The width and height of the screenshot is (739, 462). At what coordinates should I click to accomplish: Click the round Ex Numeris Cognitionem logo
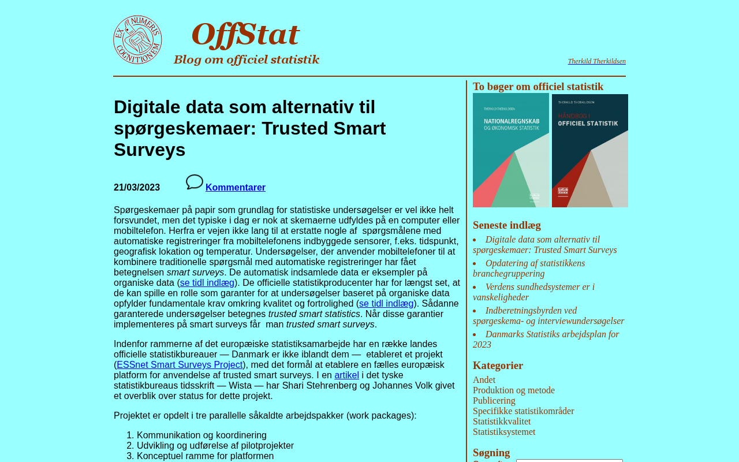(137, 40)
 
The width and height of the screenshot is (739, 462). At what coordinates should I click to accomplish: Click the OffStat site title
(245, 35)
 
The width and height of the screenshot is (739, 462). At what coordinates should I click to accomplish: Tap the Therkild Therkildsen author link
(596, 61)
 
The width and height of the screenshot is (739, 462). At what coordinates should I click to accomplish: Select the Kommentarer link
(236, 188)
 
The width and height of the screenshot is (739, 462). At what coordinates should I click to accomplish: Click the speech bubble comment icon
(195, 182)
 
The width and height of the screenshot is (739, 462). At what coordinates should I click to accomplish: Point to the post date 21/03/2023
(137, 188)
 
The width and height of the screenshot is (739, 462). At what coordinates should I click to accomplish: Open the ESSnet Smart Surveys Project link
(180, 365)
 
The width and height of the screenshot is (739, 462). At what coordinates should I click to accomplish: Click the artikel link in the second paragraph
(346, 375)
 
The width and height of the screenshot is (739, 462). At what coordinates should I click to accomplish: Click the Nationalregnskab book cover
(511, 151)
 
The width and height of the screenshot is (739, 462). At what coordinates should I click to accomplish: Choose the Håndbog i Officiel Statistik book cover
(590, 151)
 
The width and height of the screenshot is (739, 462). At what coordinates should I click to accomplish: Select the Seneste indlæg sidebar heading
(507, 225)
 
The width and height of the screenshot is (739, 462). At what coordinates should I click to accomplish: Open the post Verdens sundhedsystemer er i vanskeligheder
(533, 292)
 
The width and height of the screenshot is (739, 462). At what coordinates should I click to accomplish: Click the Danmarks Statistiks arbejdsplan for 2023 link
(546, 340)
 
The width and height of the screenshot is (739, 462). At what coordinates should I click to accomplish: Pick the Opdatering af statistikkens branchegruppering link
(529, 269)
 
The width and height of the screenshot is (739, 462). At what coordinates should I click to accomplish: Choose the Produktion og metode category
(514, 390)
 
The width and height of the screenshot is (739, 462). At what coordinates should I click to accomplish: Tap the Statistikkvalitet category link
(502, 422)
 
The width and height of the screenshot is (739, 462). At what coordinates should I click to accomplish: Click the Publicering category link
(494, 401)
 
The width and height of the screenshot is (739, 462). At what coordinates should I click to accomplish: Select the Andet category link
(484, 380)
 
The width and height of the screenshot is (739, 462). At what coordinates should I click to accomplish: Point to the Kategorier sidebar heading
(498, 366)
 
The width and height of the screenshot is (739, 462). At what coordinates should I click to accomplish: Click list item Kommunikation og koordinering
(201, 435)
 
